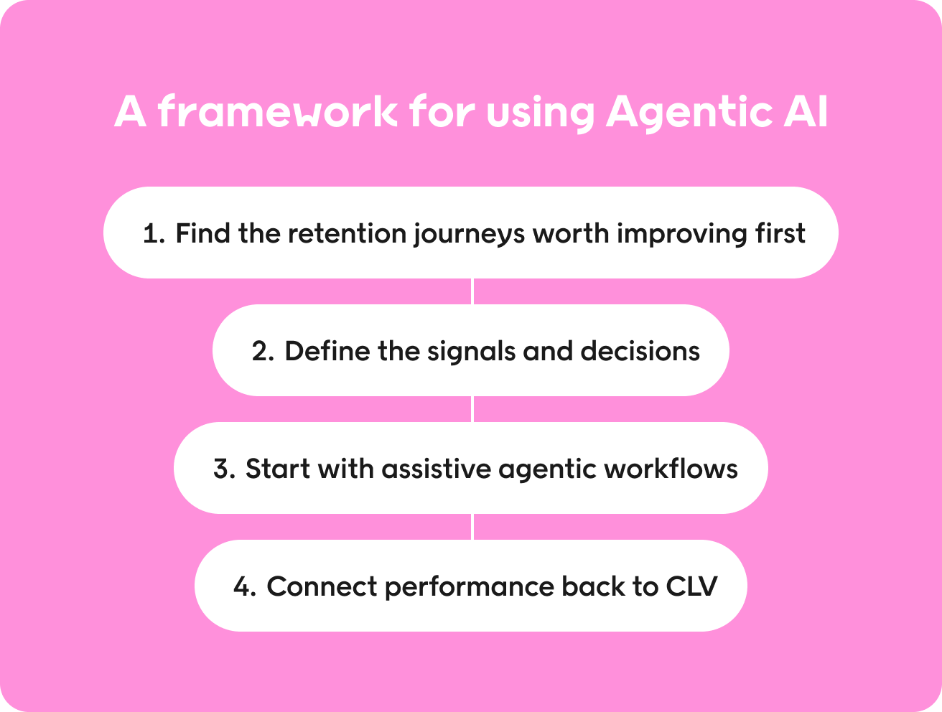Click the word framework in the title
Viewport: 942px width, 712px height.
(278, 111)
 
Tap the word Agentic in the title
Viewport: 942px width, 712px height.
(689, 113)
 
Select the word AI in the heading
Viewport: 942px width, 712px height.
(806, 111)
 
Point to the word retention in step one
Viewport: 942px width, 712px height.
(347, 234)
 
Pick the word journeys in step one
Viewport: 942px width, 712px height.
(469, 235)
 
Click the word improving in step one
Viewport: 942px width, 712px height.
(682, 235)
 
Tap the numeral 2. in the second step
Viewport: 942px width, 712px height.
(263, 351)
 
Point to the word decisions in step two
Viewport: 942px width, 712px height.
(640, 350)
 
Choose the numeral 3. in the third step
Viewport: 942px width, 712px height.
(225, 469)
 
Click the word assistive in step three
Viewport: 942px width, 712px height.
(437, 468)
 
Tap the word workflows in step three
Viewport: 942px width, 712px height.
(671, 468)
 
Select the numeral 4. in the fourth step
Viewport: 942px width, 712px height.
(245, 586)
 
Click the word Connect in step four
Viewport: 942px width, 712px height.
(322, 586)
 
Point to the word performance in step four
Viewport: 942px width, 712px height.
(470, 588)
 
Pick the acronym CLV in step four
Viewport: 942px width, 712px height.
(691, 586)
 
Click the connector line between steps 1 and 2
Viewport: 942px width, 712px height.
(472, 291)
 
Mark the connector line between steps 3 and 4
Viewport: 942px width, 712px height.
(472, 527)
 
